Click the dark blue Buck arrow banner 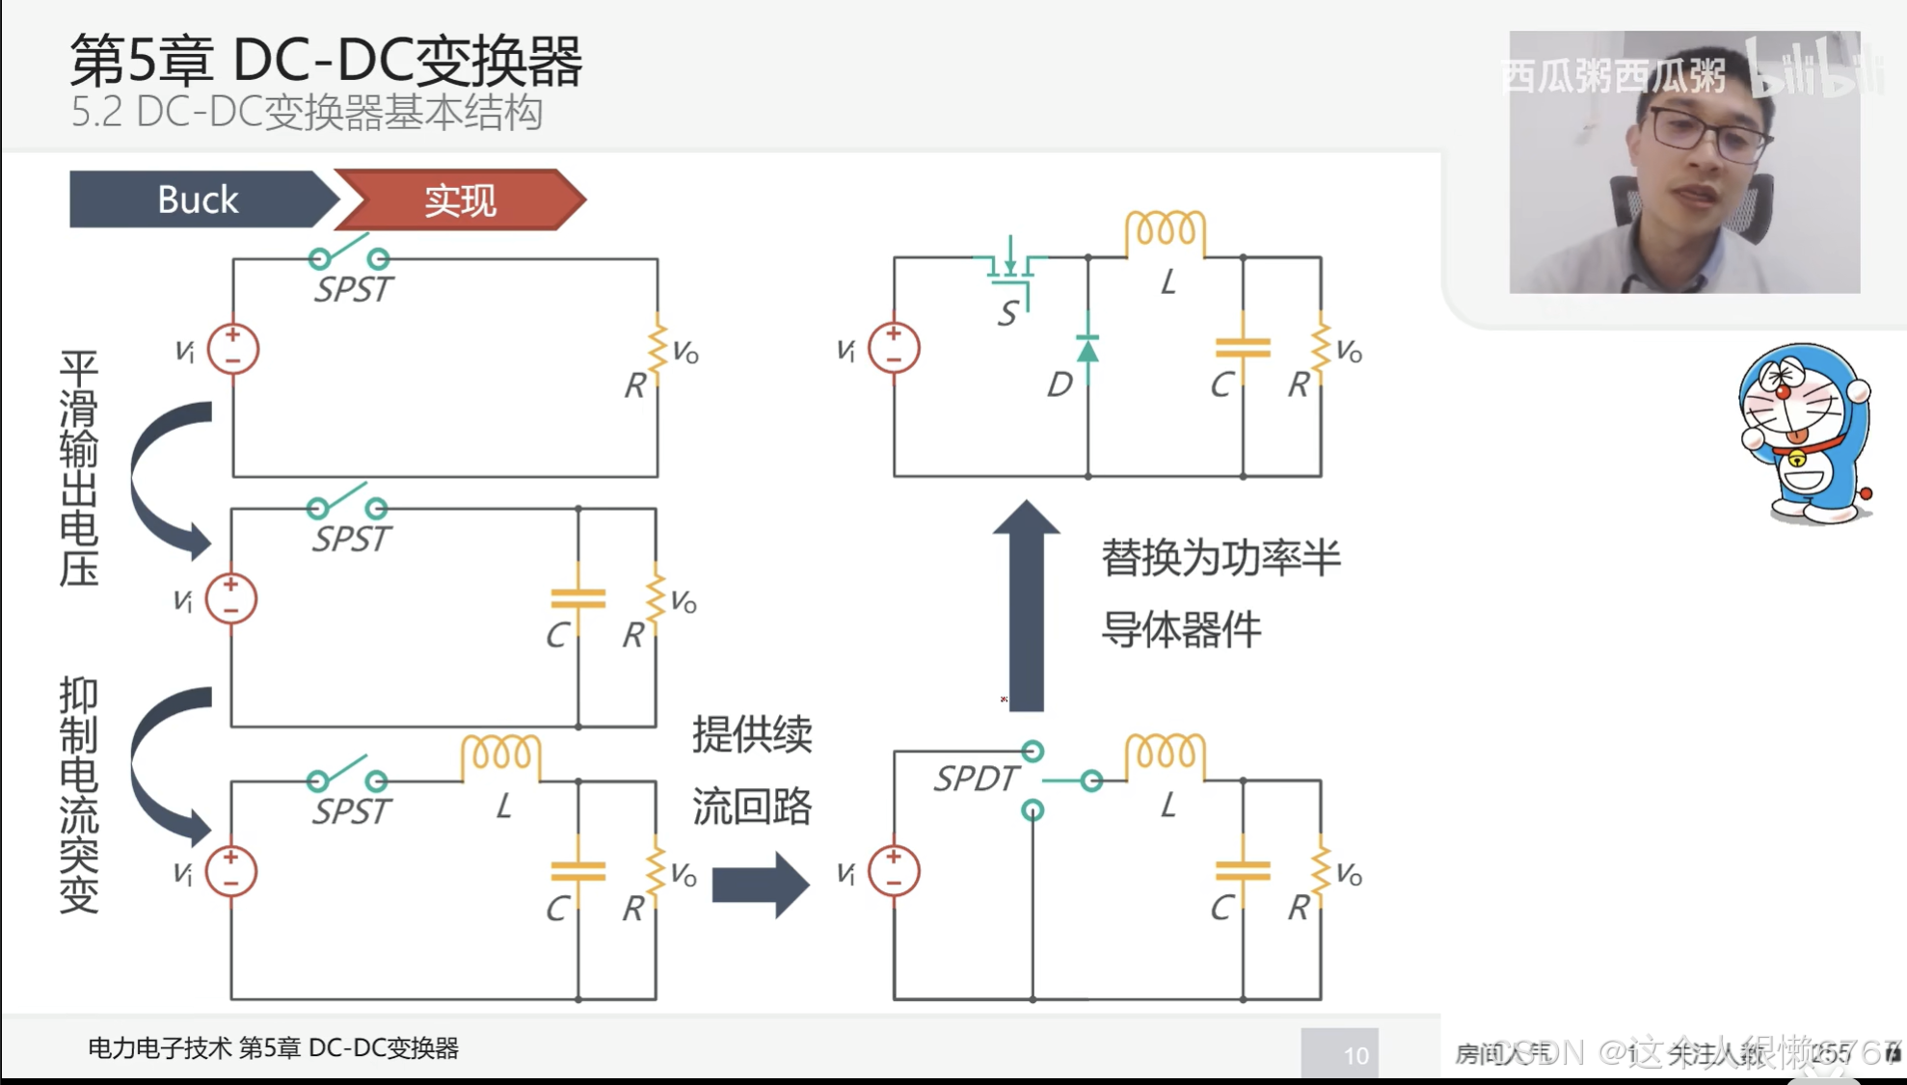click(199, 199)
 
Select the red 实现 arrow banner click(460, 199)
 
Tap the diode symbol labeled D click(1088, 350)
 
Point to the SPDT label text click(975, 778)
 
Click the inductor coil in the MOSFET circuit click(1165, 231)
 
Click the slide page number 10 click(1356, 1055)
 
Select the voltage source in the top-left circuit click(233, 349)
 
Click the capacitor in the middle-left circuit click(577, 598)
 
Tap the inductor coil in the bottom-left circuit click(500, 755)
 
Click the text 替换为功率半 click(1221, 558)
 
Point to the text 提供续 click(752, 734)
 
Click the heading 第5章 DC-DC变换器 click(326, 60)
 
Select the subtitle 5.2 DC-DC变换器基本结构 click(307, 113)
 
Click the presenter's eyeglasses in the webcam click(1708, 133)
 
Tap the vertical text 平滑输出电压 click(79, 468)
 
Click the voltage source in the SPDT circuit click(894, 871)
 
